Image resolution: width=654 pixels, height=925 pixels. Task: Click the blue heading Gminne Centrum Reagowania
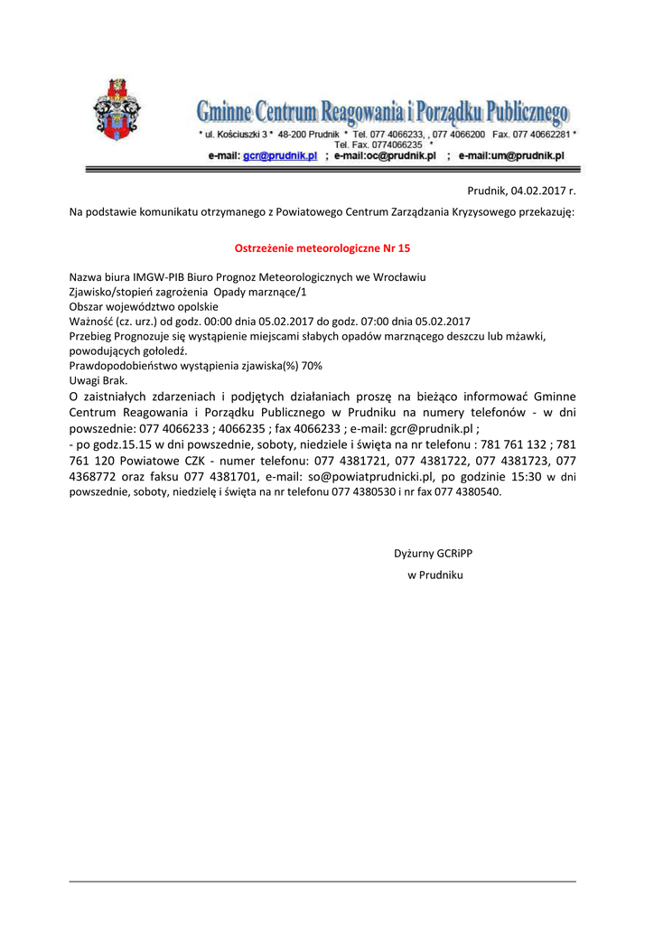384,113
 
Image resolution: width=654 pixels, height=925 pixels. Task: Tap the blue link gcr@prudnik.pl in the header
280,155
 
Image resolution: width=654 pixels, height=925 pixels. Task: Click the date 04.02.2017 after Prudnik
538,191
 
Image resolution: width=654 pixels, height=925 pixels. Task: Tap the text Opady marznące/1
260,292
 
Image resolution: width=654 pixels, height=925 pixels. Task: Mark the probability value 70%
312,365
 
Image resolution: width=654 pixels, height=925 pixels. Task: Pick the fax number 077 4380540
469,492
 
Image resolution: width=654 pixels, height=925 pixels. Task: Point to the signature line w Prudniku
434,575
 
